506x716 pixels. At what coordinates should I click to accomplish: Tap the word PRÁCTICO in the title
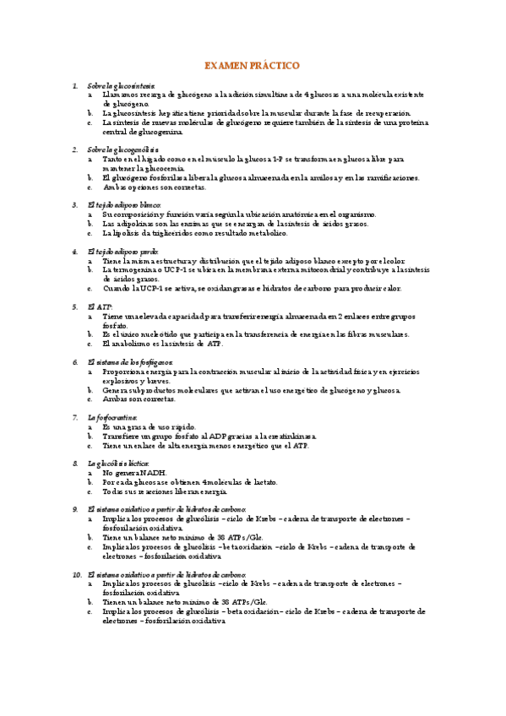coord(277,66)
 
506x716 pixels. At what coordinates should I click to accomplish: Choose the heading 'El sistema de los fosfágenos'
coord(129,361)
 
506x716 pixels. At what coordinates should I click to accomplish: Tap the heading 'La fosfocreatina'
coord(114,417)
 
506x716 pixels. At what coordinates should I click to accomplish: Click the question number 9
coord(75,510)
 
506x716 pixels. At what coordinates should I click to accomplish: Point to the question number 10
coord(75,574)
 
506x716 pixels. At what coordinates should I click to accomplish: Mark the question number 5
coord(75,306)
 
